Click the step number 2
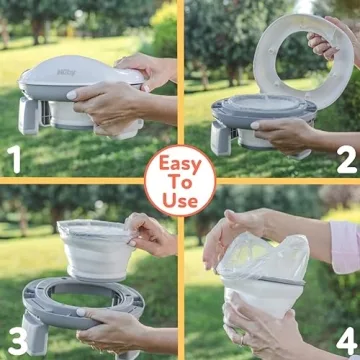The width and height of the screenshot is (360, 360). (x=345, y=158)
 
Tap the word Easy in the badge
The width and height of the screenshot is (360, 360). (x=180, y=163)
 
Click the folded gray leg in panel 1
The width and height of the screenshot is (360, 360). (x=28, y=114)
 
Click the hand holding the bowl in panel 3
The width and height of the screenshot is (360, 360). (x=150, y=236)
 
